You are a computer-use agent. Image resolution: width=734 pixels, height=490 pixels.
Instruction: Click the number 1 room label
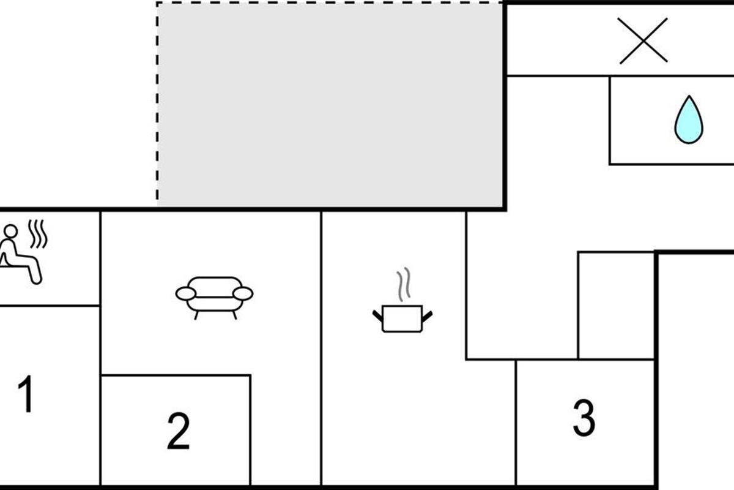tap(26, 394)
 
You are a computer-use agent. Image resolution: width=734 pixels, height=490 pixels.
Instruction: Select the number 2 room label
tap(179, 431)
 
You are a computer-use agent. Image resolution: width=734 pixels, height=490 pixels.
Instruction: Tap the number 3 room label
tap(584, 418)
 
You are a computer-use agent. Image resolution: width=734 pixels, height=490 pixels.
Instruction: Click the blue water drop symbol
tap(689, 120)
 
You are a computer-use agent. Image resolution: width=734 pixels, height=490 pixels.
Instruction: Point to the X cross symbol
tap(643, 40)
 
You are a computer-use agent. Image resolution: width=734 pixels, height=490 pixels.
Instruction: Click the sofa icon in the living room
tap(214, 298)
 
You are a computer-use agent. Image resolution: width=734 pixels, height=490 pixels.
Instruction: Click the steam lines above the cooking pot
tap(404, 284)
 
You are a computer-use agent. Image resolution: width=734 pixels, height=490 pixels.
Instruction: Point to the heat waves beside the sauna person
tap(38, 234)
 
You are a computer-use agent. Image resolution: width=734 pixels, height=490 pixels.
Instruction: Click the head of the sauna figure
tap(11, 231)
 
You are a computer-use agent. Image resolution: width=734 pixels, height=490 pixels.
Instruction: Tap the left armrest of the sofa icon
tap(186, 293)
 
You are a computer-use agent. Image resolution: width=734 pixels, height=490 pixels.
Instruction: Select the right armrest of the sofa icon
tap(243, 293)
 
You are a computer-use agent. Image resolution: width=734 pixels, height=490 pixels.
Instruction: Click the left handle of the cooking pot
tap(377, 315)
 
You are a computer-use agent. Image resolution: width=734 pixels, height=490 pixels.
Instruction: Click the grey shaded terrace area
tap(330, 104)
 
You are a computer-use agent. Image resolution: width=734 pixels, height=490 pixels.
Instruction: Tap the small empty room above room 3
tap(617, 306)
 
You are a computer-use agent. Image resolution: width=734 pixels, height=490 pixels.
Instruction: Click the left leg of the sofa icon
tap(196, 315)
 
